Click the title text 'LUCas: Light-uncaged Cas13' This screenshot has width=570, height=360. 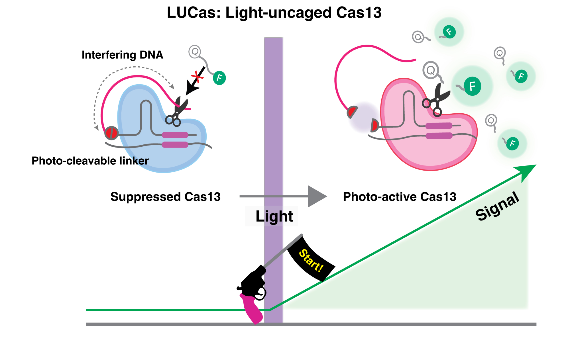coord(274,13)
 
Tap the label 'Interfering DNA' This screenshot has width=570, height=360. coord(122,55)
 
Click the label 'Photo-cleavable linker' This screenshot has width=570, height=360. coord(90,161)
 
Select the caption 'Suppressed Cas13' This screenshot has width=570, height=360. coord(165,197)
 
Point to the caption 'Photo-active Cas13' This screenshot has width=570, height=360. coord(399,197)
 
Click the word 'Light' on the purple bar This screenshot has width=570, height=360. coord(274,216)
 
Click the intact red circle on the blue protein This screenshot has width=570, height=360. coord(111,133)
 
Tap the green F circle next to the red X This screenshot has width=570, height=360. coord(219,78)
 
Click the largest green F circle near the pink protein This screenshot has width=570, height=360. coord(472,86)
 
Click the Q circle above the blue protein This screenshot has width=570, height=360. coord(195,52)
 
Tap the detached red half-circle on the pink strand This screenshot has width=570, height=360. coord(352,112)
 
